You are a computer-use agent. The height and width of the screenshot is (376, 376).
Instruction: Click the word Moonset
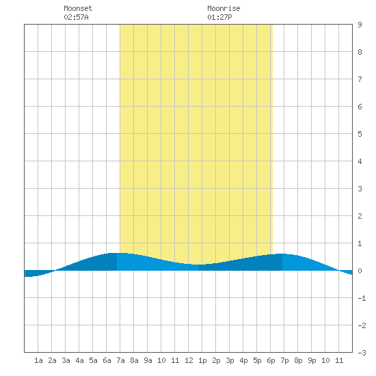click(78, 8)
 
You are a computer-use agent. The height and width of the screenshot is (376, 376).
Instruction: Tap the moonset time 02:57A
click(76, 17)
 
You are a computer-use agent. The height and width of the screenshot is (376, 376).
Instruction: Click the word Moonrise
click(224, 8)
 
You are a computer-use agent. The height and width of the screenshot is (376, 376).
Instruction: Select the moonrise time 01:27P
click(219, 17)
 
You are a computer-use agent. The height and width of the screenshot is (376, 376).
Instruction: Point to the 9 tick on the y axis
click(360, 25)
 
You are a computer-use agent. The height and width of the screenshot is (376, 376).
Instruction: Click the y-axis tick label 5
click(360, 134)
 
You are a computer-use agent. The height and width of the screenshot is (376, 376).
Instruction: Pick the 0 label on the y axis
click(360, 271)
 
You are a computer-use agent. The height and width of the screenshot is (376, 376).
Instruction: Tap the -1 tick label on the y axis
click(362, 298)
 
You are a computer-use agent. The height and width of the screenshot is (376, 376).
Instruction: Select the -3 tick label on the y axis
click(362, 353)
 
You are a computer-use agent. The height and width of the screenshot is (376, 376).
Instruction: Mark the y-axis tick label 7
click(360, 79)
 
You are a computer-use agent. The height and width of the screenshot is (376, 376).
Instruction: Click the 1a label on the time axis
click(38, 360)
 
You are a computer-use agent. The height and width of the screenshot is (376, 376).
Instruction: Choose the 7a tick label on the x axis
click(120, 360)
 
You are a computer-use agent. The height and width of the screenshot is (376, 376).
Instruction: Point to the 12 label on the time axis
click(189, 360)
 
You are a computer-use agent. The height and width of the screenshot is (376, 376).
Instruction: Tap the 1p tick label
click(202, 360)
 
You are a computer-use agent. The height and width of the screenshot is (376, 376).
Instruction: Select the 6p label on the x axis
click(271, 360)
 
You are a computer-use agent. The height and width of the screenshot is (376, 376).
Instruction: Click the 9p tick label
click(312, 360)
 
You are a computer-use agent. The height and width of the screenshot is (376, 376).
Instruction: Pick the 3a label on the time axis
click(66, 360)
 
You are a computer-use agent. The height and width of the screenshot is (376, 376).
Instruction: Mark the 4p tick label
click(243, 360)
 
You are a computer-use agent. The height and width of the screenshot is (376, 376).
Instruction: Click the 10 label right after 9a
click(161, 360)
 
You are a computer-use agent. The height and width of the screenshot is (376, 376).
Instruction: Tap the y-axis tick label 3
click(360, 189)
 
